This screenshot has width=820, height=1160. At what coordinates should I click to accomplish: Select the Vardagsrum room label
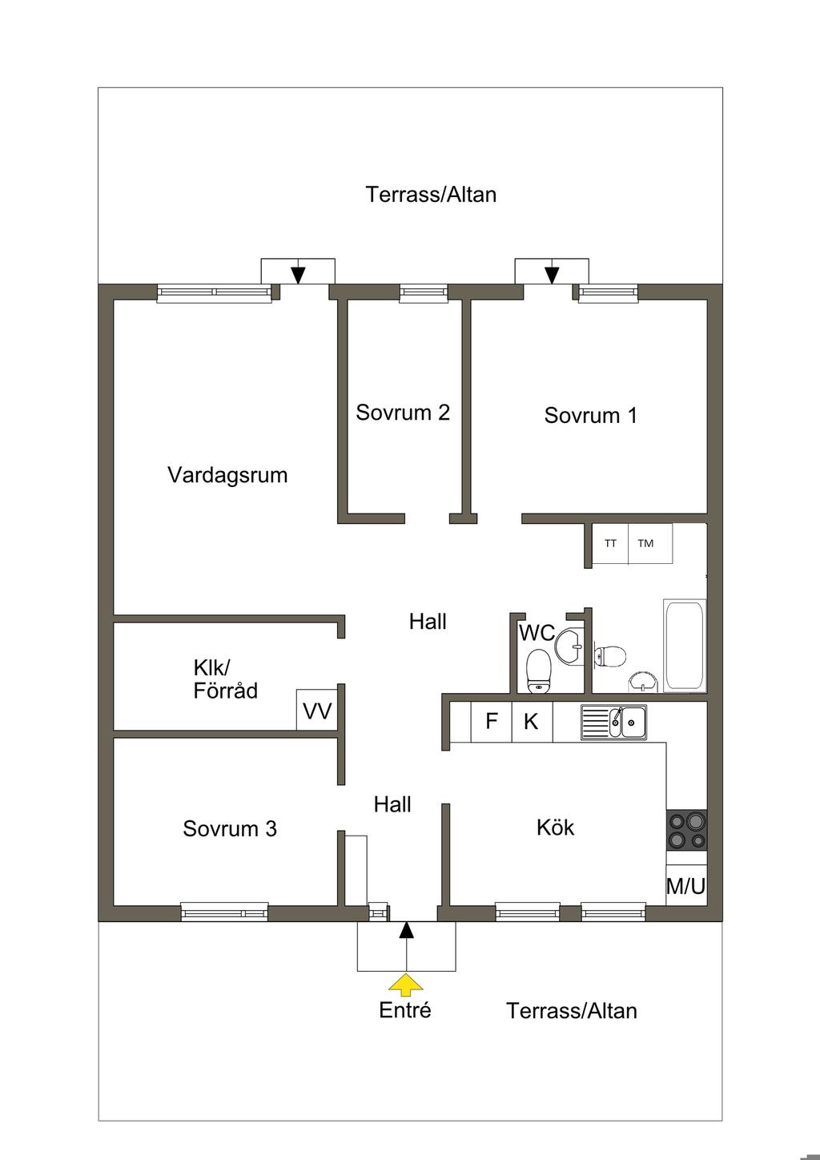(x=227, y=475)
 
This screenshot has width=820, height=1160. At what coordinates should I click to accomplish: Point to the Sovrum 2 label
(x=403, y=413)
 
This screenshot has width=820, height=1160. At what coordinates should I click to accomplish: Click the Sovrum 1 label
(x=591, y=415)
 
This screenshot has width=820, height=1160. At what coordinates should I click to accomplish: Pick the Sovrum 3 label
(x=230, y=828)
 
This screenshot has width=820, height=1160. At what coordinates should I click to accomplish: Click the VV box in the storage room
(x=317, y=710)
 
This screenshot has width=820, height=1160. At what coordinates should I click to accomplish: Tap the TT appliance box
(x=610, y=544)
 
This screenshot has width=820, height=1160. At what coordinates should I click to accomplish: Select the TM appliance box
(x=650, y=544)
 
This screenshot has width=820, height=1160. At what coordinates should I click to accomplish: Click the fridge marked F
(x=491, y=721)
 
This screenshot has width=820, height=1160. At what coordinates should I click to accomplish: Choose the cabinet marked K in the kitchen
(x=533, y=721)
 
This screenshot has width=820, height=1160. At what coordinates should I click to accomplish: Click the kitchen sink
(x=613, y=722)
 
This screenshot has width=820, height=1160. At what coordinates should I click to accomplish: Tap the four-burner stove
(x=686, y=830)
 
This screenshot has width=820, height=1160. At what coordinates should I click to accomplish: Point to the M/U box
(x=686, y=887)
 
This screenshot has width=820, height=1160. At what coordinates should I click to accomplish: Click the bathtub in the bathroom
(x=685, y=645)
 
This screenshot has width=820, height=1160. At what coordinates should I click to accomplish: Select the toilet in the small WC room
(x=539, y=671)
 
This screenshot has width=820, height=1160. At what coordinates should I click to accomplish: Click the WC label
(x=537, y=633)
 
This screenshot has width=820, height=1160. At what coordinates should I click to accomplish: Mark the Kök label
(x=556, y=828)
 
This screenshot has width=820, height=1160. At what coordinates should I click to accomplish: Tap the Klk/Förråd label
(x=225, y=679)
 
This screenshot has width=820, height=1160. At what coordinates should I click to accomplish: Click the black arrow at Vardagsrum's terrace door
(x=298, y=276)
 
